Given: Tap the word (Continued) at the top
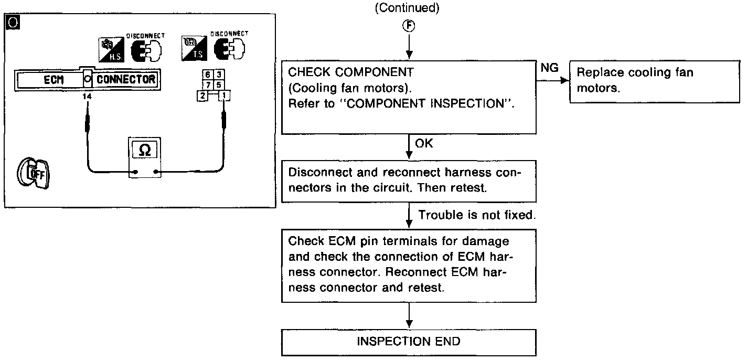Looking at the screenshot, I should [x=408, y=8].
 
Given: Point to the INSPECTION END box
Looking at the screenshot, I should [x=409, y=342].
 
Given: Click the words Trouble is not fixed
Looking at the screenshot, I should [x=477, y=216].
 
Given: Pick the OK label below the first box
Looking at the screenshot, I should [x=424, y=143].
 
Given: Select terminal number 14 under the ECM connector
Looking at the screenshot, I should [x=87, y=97].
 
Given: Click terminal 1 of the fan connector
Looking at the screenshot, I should [x=224, y=96].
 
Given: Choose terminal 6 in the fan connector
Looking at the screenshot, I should [x=208, y=75].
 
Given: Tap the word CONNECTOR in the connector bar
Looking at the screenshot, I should [x=126, y=80].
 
